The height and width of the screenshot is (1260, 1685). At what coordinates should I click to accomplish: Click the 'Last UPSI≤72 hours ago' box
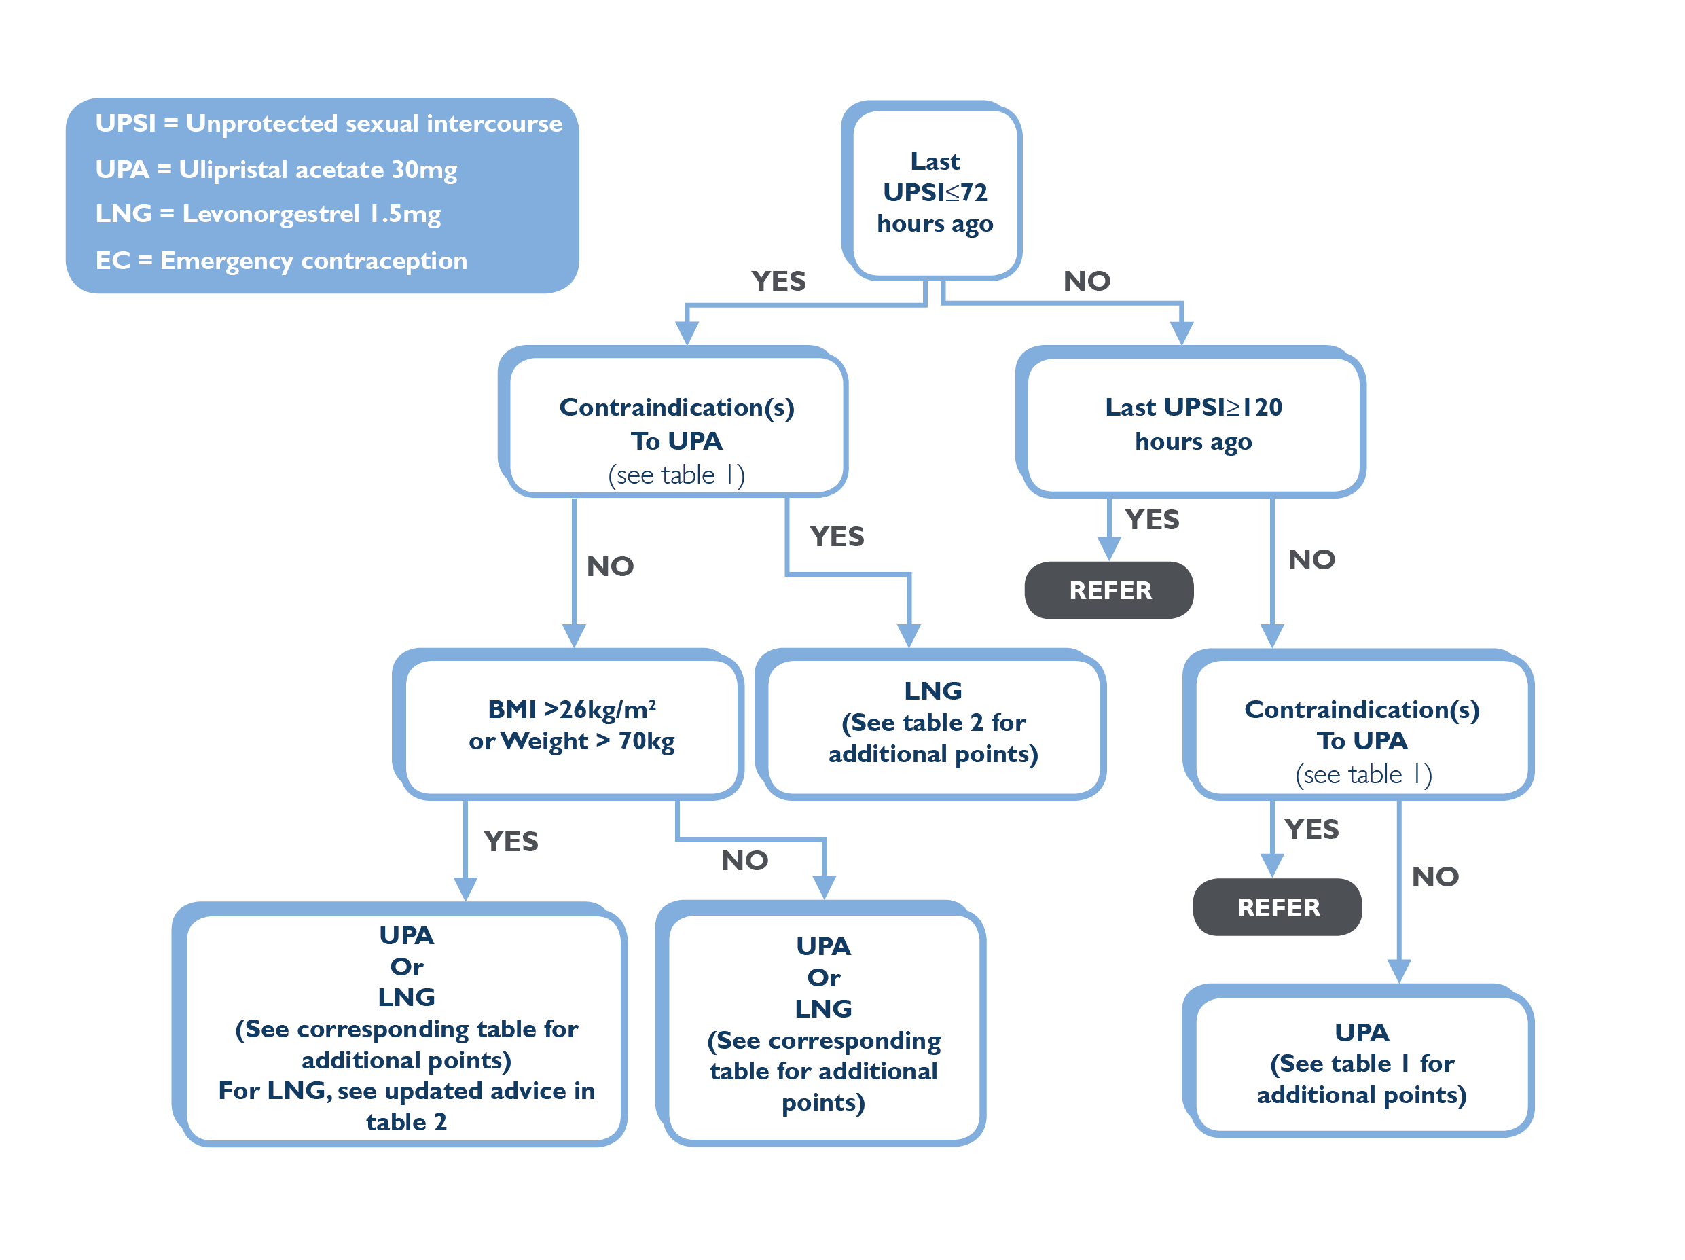932,190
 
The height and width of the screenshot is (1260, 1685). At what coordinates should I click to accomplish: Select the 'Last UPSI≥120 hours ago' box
1191,422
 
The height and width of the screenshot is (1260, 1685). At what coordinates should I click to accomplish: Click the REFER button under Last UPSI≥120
1109,590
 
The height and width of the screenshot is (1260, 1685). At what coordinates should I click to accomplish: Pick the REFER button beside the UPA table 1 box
1278,907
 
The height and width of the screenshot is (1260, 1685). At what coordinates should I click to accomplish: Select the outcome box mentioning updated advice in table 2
400,1024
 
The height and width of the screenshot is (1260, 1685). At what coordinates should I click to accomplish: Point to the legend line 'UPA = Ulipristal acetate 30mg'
276,169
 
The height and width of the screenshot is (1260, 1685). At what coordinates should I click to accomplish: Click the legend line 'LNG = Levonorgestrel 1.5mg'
268,214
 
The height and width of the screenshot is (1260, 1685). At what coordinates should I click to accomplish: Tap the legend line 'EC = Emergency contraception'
281,261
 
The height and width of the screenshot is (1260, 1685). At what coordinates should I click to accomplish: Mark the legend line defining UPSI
328,124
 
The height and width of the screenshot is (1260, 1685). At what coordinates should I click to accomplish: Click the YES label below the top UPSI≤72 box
778,281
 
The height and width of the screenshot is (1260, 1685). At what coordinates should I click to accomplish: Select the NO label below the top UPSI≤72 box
1087,281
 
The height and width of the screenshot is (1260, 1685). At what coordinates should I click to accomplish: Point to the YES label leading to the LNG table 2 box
837,537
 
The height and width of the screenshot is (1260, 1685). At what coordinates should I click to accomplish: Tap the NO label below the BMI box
744,861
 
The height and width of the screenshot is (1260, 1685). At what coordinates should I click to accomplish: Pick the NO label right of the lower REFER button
1435,877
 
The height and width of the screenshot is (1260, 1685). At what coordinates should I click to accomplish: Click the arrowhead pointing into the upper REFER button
1109,548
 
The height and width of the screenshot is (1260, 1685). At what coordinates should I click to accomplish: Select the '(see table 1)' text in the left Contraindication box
676,475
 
